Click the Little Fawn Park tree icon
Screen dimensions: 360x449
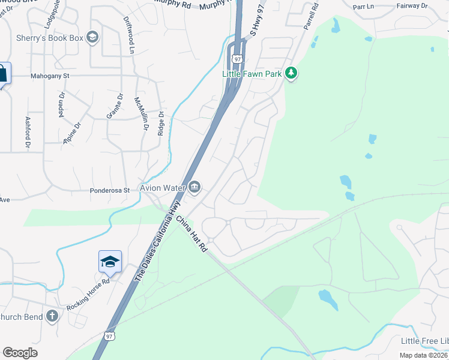coord(292,73)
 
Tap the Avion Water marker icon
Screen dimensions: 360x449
coord(194,188)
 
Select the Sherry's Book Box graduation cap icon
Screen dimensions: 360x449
coord(92,38)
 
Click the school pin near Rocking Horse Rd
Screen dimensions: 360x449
coord(110,262)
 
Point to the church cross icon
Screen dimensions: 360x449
coord(52,316)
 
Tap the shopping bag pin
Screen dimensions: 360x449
coord(2,74)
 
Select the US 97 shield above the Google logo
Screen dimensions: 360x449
coord(109,335)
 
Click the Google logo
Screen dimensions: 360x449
coord(20,353)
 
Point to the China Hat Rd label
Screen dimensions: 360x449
coord(191,234)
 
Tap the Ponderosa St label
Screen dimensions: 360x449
coord(109,190)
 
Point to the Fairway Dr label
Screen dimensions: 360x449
coord(412,6)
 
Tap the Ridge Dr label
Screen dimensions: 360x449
coord(161,123)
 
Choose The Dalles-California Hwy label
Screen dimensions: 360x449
coord(157,242)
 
